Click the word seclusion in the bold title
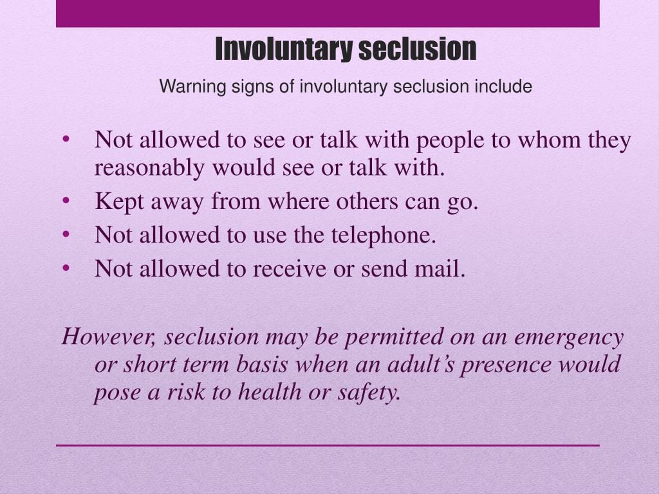[x=417, y=49]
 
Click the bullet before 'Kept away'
[x=66, y=201]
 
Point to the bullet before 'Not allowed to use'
[x=66, y=234]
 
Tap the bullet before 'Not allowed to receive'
[x=66, y=268]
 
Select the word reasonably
[x=149, y=169]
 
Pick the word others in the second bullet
[x=366, y=201]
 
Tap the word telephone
[x=384, y=235]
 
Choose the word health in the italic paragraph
[x=270, y=392]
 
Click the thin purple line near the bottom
[x=328, y=445]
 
